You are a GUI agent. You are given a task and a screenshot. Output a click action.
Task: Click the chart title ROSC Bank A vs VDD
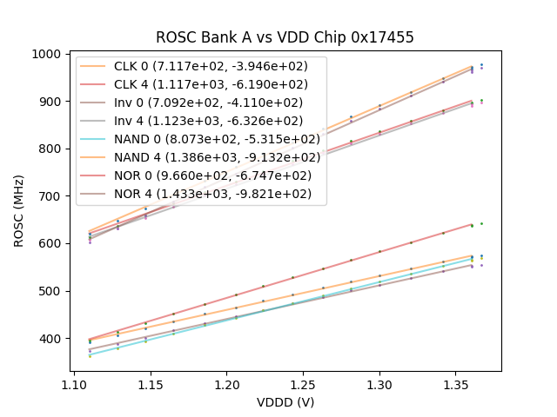point(285,37)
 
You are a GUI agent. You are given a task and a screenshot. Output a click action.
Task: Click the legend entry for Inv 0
point(208,103)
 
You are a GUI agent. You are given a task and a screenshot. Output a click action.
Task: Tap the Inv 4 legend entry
point(208,121)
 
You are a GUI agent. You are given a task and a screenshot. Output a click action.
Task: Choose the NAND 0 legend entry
point(217,139)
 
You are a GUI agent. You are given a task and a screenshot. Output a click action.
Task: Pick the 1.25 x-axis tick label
point(303,383)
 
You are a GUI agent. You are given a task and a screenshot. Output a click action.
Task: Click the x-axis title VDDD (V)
point(285,402)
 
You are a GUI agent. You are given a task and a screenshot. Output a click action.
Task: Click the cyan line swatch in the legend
point(94,139)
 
